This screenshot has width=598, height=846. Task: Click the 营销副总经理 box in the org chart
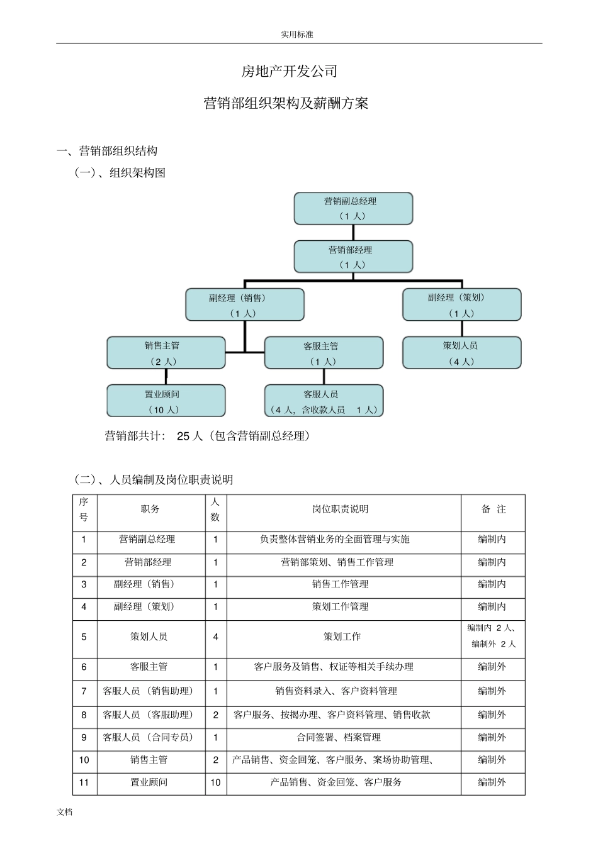pos(353,208)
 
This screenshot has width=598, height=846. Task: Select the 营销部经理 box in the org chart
pos(353,257)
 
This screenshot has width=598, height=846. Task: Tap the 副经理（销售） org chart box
pos(244,305)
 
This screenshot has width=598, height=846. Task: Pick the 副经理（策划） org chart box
pos(461,305)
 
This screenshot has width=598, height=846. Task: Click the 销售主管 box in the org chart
pos(166,353)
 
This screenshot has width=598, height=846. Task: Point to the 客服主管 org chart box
pos(324,353)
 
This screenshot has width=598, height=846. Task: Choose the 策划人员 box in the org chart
pos(461,353)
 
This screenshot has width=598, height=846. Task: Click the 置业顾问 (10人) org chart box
pos(166,401)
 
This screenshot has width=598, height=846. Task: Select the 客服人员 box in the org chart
pos(324,401)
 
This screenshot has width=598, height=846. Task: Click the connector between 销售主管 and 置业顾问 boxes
pos(166,377)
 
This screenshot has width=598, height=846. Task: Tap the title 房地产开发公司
pos(290,72)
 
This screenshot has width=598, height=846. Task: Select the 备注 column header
pos(493,509)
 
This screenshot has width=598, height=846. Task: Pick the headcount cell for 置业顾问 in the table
pos(215,782)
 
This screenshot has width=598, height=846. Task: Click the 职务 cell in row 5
pos(149,637)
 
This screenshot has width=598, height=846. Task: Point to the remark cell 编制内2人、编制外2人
pos(492,636)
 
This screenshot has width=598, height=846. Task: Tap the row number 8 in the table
pos(84,715)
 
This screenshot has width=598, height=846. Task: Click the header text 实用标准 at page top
pos(297,35)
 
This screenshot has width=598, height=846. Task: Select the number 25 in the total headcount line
pos(183,436)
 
